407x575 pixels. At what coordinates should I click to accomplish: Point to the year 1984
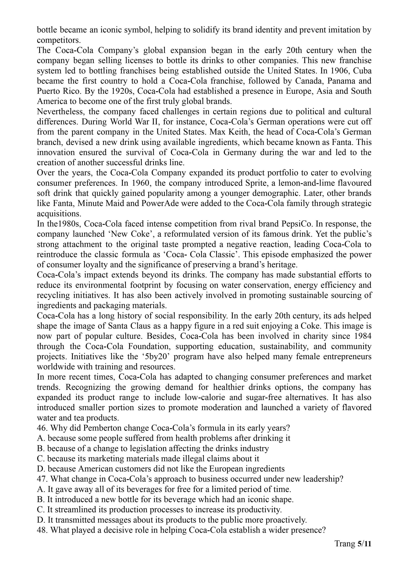tap(361, 336)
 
